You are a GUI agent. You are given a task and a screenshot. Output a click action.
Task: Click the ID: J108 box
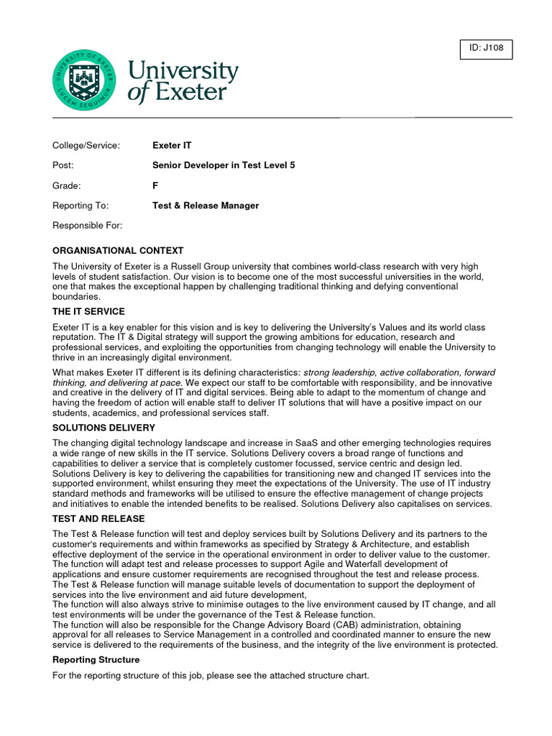(x=486, y=49)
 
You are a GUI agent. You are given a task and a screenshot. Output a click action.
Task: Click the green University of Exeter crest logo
(x=83, y=80)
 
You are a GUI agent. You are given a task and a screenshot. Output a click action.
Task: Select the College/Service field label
(x=86, y=145)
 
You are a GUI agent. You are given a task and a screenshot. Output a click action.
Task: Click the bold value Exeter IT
(x=172, y=145)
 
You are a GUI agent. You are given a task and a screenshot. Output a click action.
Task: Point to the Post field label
(x=63, y=165)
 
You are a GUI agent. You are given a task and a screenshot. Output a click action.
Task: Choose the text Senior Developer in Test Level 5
(x=224, y=165)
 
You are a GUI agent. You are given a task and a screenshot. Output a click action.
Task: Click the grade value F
(x=155, y=185)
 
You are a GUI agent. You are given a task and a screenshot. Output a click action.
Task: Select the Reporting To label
(x=80, y=206)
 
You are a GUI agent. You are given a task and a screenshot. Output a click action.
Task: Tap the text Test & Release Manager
(x=206, y=206)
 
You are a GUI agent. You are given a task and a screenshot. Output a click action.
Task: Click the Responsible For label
(x=88, y=226)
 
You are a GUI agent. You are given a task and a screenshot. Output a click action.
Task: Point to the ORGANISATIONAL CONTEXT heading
(x=118, y=251)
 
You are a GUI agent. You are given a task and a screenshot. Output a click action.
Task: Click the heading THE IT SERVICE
(x=88, y=311)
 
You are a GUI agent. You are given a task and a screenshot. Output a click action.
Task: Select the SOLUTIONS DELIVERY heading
(x=103, y=428)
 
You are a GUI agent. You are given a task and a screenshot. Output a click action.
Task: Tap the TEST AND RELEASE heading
(x=98, y=518)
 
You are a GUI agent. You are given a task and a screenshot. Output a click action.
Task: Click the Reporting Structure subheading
(x=96, y=659)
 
